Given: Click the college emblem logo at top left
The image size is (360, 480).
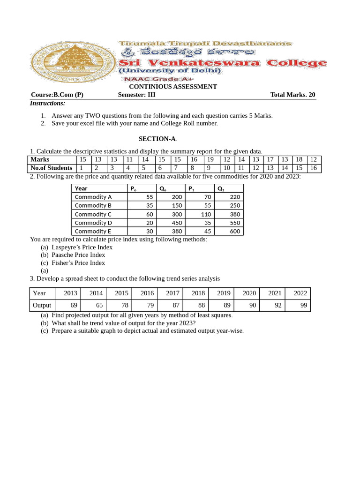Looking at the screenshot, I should point(73,61).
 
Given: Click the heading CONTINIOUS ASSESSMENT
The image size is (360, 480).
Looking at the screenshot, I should point(173,87).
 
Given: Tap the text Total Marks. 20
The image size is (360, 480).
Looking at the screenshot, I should point(292,95).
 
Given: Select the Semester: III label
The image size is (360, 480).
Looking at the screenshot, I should point(136,95).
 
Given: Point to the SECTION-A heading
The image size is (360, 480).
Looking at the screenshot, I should point(157,139).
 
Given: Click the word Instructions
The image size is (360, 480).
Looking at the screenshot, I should point(48,103).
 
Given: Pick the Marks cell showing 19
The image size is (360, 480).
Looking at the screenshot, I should point(210,160).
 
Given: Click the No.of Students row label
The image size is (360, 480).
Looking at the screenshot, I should point(52,168).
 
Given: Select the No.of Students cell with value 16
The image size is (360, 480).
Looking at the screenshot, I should point(313,168).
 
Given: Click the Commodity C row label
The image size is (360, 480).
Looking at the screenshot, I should point(93,214).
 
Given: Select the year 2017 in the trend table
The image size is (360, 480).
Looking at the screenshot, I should point(172,293).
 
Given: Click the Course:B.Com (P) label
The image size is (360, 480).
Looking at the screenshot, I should point(57,95).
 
